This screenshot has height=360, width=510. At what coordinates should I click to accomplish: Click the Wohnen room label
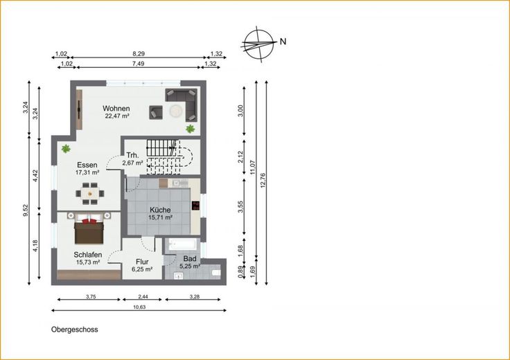[116, 109]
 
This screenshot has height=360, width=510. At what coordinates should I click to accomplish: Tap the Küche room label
[160, 210]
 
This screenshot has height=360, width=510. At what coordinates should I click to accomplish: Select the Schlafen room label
[88, 255]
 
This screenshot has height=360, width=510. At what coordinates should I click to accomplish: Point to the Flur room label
[142, 262]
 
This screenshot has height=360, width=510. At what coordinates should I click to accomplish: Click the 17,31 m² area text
[87, 172]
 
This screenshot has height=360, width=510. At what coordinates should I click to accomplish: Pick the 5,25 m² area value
[190, 266]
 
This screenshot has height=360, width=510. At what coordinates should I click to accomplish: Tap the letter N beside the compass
[283, 42]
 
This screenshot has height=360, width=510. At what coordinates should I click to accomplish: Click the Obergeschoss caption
[74, 330]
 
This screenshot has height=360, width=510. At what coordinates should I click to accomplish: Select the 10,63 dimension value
[139, 307]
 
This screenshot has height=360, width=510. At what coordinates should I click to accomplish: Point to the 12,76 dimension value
[263, 180]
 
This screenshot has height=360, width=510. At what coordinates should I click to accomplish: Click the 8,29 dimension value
[138, 53]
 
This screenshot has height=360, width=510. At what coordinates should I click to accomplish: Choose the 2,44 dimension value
[141, 296]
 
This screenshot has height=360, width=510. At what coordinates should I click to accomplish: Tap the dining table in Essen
[90, 194]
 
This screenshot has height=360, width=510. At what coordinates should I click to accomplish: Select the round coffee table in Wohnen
[176, 111]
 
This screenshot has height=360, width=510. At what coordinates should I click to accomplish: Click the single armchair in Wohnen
[156, 112]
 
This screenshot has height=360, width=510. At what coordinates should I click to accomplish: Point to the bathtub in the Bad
[181, 244]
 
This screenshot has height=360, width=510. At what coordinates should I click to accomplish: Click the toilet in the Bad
[216, 272]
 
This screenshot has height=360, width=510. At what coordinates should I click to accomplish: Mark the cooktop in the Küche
[195, 206]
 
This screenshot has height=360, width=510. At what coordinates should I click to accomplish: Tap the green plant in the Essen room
[66, 149]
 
